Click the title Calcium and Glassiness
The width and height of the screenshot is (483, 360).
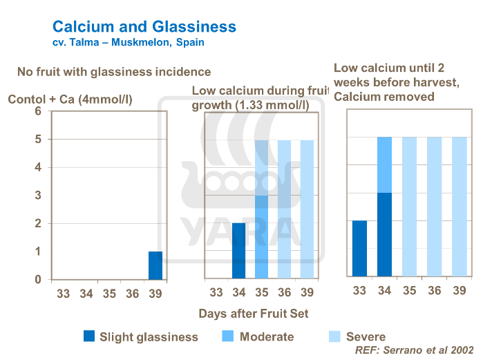[144, 27]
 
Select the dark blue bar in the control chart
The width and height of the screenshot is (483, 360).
[155, 265]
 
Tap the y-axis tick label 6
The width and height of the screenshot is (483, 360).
[38, 111]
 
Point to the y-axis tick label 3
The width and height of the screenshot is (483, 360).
[38, 196]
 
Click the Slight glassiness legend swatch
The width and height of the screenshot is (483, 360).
[88, 337]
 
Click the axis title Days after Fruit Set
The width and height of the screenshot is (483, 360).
[253, 313]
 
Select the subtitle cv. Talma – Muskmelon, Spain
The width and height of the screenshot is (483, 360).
[128, 43]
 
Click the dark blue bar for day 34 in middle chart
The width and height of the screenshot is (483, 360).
[238, 251]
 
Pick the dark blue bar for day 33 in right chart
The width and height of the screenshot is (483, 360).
[359, 249]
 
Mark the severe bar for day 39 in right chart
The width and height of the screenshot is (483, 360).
[460, 207]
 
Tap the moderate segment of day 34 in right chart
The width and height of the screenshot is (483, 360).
[384, 164]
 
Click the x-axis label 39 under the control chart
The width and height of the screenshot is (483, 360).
[155, 294]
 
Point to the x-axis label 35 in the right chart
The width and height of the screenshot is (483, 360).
[409, 290]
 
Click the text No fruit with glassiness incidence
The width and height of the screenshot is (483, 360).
[114, 71]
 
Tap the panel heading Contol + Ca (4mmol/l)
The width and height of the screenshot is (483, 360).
[70, 100]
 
